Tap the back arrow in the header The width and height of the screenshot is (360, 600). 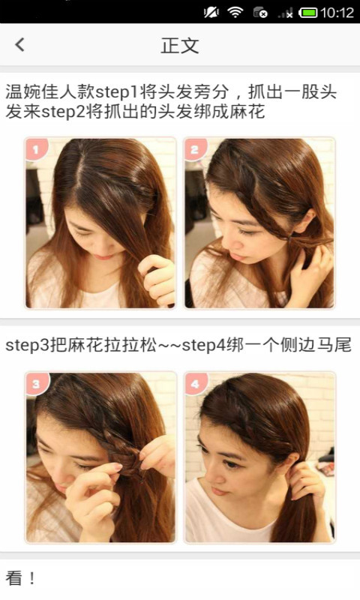[20, 45]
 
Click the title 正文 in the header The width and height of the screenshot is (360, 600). [180, 46]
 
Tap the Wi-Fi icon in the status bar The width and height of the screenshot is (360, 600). [235, 13]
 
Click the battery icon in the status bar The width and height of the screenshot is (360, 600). [308, 13]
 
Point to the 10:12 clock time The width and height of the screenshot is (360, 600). [337, 13]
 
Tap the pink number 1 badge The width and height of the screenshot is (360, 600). [36, 148]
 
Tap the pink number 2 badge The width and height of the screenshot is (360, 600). [195, 148]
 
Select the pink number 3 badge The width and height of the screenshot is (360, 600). [36, 384]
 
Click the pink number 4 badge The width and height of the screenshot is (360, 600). [196, 384]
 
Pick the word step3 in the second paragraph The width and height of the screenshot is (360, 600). [27, 346]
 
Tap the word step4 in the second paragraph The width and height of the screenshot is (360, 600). [204, 346]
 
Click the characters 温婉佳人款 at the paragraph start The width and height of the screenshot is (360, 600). [50, 92]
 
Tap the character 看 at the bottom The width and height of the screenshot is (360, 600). [13, 577]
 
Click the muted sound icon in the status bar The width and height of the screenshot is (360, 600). [211, 13]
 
